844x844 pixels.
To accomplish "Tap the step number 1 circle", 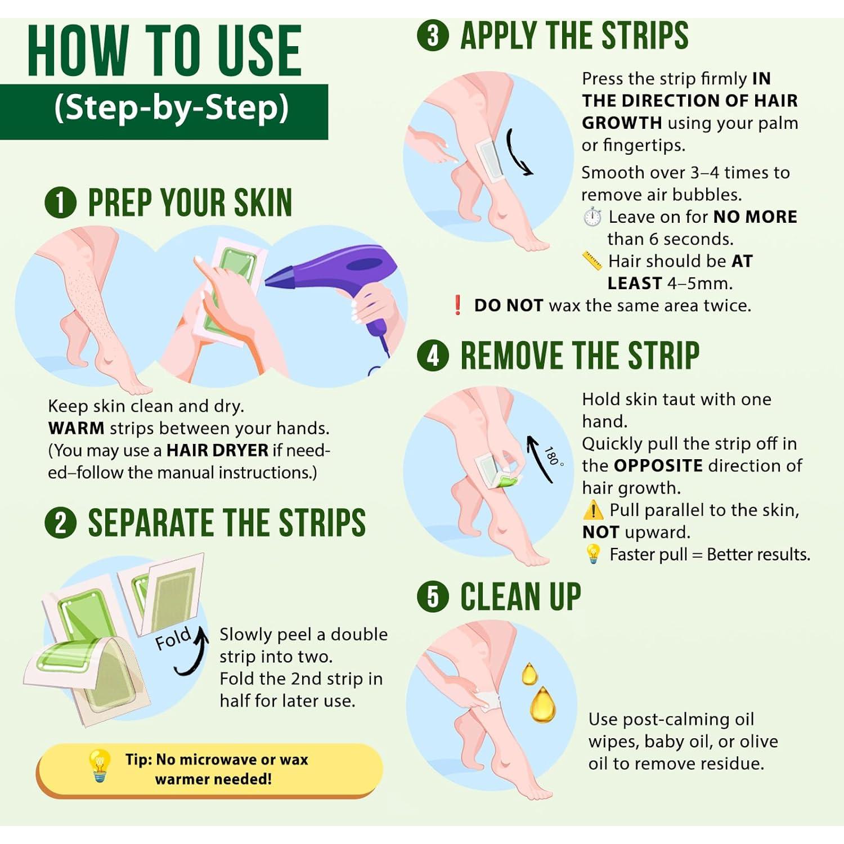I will tap(60, 203).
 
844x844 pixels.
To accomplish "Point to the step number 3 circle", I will tap(433, 35).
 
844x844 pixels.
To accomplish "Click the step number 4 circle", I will tap(433, 356).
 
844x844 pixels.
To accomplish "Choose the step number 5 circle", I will tap(433, 596).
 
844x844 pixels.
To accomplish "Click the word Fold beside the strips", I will tap(173, 639).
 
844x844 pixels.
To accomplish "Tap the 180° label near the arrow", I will tap(553, 456).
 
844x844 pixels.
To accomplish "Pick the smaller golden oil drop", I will tap(529, 674).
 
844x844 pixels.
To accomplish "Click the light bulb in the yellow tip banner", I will tap(100, 765).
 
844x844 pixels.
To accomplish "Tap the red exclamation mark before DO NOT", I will tap(457, 305).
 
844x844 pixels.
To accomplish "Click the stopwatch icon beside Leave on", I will tap(592, 217).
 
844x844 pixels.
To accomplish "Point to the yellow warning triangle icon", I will tap(593, 510).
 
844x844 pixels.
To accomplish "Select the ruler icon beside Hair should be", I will tap(592, 261).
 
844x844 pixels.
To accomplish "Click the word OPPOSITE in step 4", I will tap(658, 466).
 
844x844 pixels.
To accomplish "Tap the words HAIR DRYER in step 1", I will tap(217, 451).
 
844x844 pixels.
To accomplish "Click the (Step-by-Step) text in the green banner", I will tap(171, 107).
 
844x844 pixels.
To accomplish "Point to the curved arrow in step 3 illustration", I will tap(518, 152).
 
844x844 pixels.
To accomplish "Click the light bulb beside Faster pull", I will tap(593, 554).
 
